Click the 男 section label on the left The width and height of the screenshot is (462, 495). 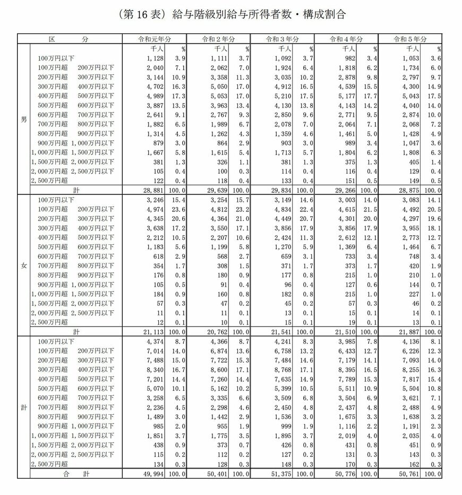point(23,120)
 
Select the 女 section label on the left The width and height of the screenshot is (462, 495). point(23,265)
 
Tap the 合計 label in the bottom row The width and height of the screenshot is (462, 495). point(75,473)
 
